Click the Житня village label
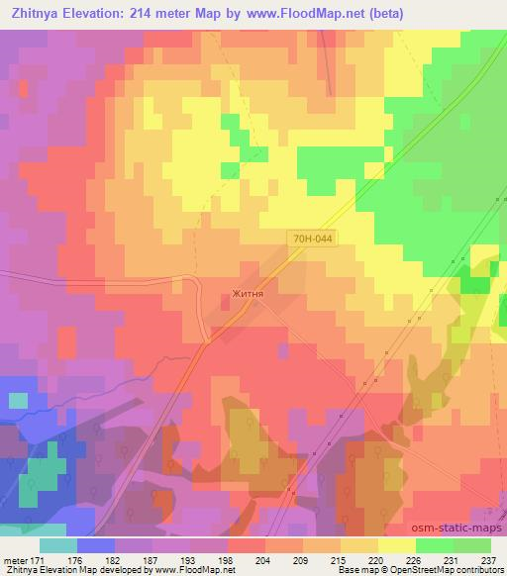pos(247,293)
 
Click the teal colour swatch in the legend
pos(58,544)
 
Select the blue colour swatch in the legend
pos(96,544)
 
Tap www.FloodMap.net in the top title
pos(309,11)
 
